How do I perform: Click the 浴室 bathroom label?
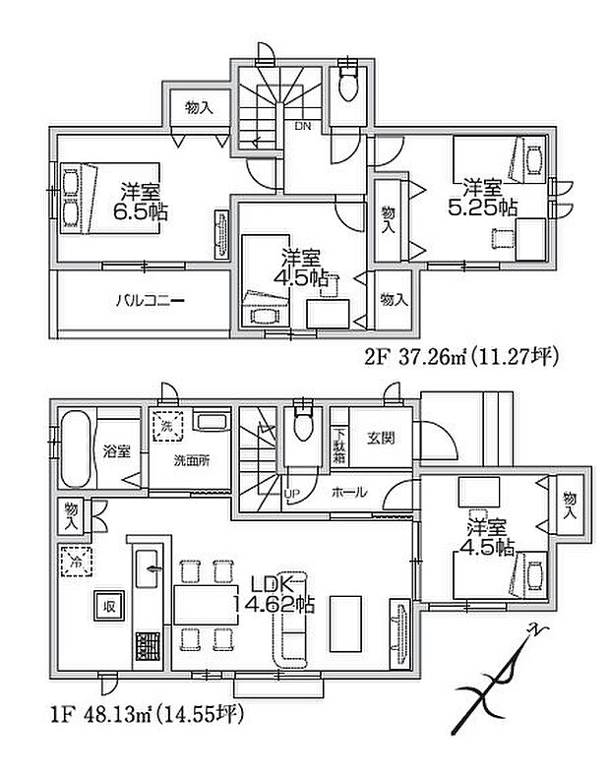coord(115,451)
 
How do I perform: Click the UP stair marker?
coord(292,492)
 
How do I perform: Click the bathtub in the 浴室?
coord(76,449)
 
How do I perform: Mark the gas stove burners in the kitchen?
coord(148,648)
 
